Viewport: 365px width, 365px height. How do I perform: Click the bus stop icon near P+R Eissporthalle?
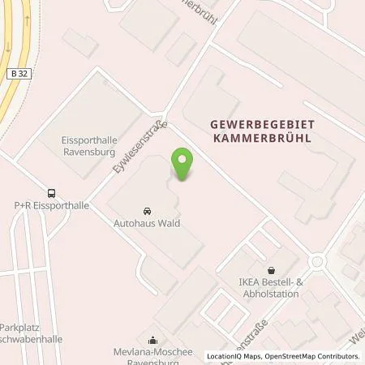coord(53,193)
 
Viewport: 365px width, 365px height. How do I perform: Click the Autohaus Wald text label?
coord(148,223)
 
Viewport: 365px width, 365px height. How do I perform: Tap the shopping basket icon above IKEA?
coord(271,272)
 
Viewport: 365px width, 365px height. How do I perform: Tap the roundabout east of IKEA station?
coord(316,261)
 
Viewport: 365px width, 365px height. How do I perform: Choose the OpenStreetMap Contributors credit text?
coord(311,356)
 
